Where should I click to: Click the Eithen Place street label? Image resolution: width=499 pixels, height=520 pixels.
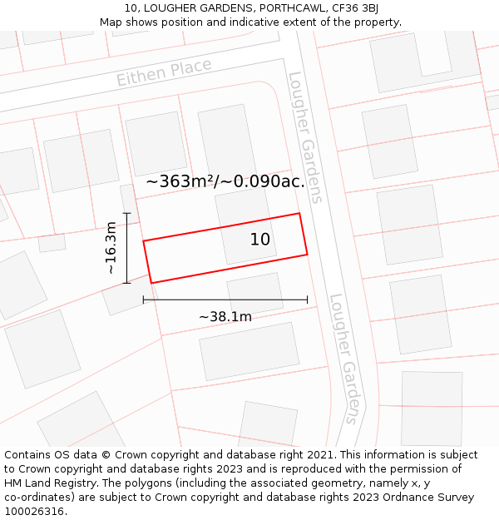coord(164,72)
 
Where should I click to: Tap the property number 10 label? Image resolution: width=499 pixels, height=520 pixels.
coord(260,240)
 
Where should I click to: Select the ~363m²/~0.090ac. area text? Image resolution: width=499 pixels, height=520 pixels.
coord(225,181)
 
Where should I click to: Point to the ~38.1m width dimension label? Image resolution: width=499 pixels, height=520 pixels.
coord(225,316)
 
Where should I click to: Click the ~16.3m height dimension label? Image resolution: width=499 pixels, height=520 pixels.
coord(111,248)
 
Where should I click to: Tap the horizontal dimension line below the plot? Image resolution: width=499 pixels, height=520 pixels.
coord(225,300)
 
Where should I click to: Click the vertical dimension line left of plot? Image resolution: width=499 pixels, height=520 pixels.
coord(127,248)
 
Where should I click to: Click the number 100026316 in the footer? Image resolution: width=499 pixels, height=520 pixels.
coord(35,511)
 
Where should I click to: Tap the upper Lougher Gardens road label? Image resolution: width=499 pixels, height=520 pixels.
coord(304,137)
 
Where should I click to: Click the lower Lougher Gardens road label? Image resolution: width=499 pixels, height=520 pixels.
coord(346,358)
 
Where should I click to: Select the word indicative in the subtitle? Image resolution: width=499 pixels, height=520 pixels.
coord(268,22)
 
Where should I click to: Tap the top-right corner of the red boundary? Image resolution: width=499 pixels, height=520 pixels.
coord(299,214)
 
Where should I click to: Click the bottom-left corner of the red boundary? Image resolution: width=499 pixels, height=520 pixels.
coord(151,283)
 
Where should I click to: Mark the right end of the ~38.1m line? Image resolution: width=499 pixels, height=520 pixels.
coord(307,300)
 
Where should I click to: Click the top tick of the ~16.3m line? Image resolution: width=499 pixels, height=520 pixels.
coord(127,214)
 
